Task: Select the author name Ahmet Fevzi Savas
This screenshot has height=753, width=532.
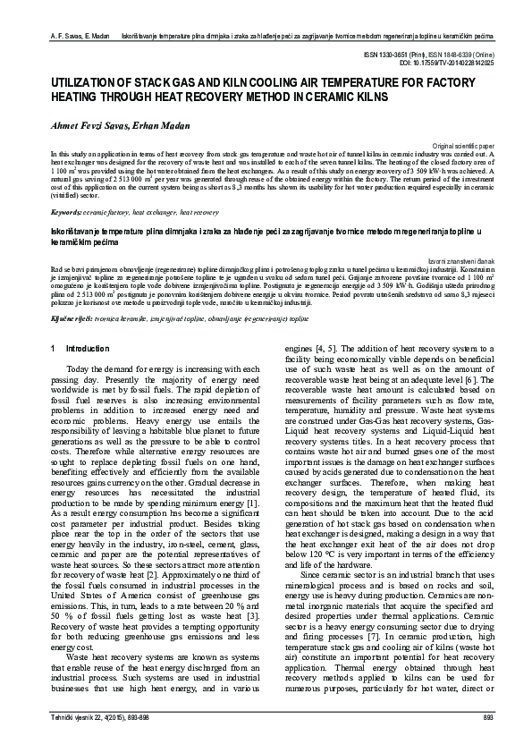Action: tap(79, 127)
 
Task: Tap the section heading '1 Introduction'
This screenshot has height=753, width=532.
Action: tap(75, 348)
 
